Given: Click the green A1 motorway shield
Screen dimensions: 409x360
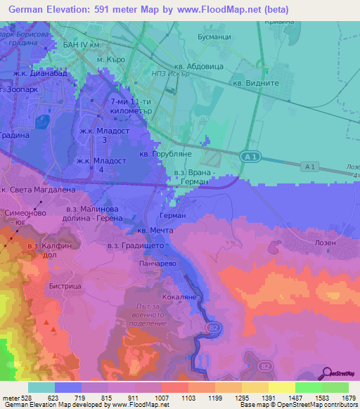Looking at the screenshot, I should pyautogui.click(x=249, y=156).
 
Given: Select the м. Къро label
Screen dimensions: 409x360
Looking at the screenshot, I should pyautogui.click(x=111, y=59).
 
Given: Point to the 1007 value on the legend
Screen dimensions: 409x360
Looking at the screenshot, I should pyautogui.click(x=161, y=397).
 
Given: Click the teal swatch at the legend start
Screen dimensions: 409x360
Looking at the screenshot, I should pyautogui.click(x=41, y=387).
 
